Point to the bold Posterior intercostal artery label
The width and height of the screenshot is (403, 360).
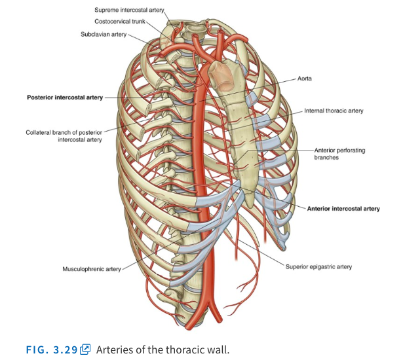coord(65,98)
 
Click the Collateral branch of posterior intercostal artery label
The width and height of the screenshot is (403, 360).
coord(64,135)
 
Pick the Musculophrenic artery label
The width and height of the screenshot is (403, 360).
coord(92,269)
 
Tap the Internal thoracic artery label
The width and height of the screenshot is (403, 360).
coord(334,111)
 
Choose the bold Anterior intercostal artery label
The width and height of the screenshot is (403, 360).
coord(343,209)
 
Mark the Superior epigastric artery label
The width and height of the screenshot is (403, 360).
coord(319,266)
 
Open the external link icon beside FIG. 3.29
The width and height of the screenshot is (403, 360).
coord(85,349)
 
